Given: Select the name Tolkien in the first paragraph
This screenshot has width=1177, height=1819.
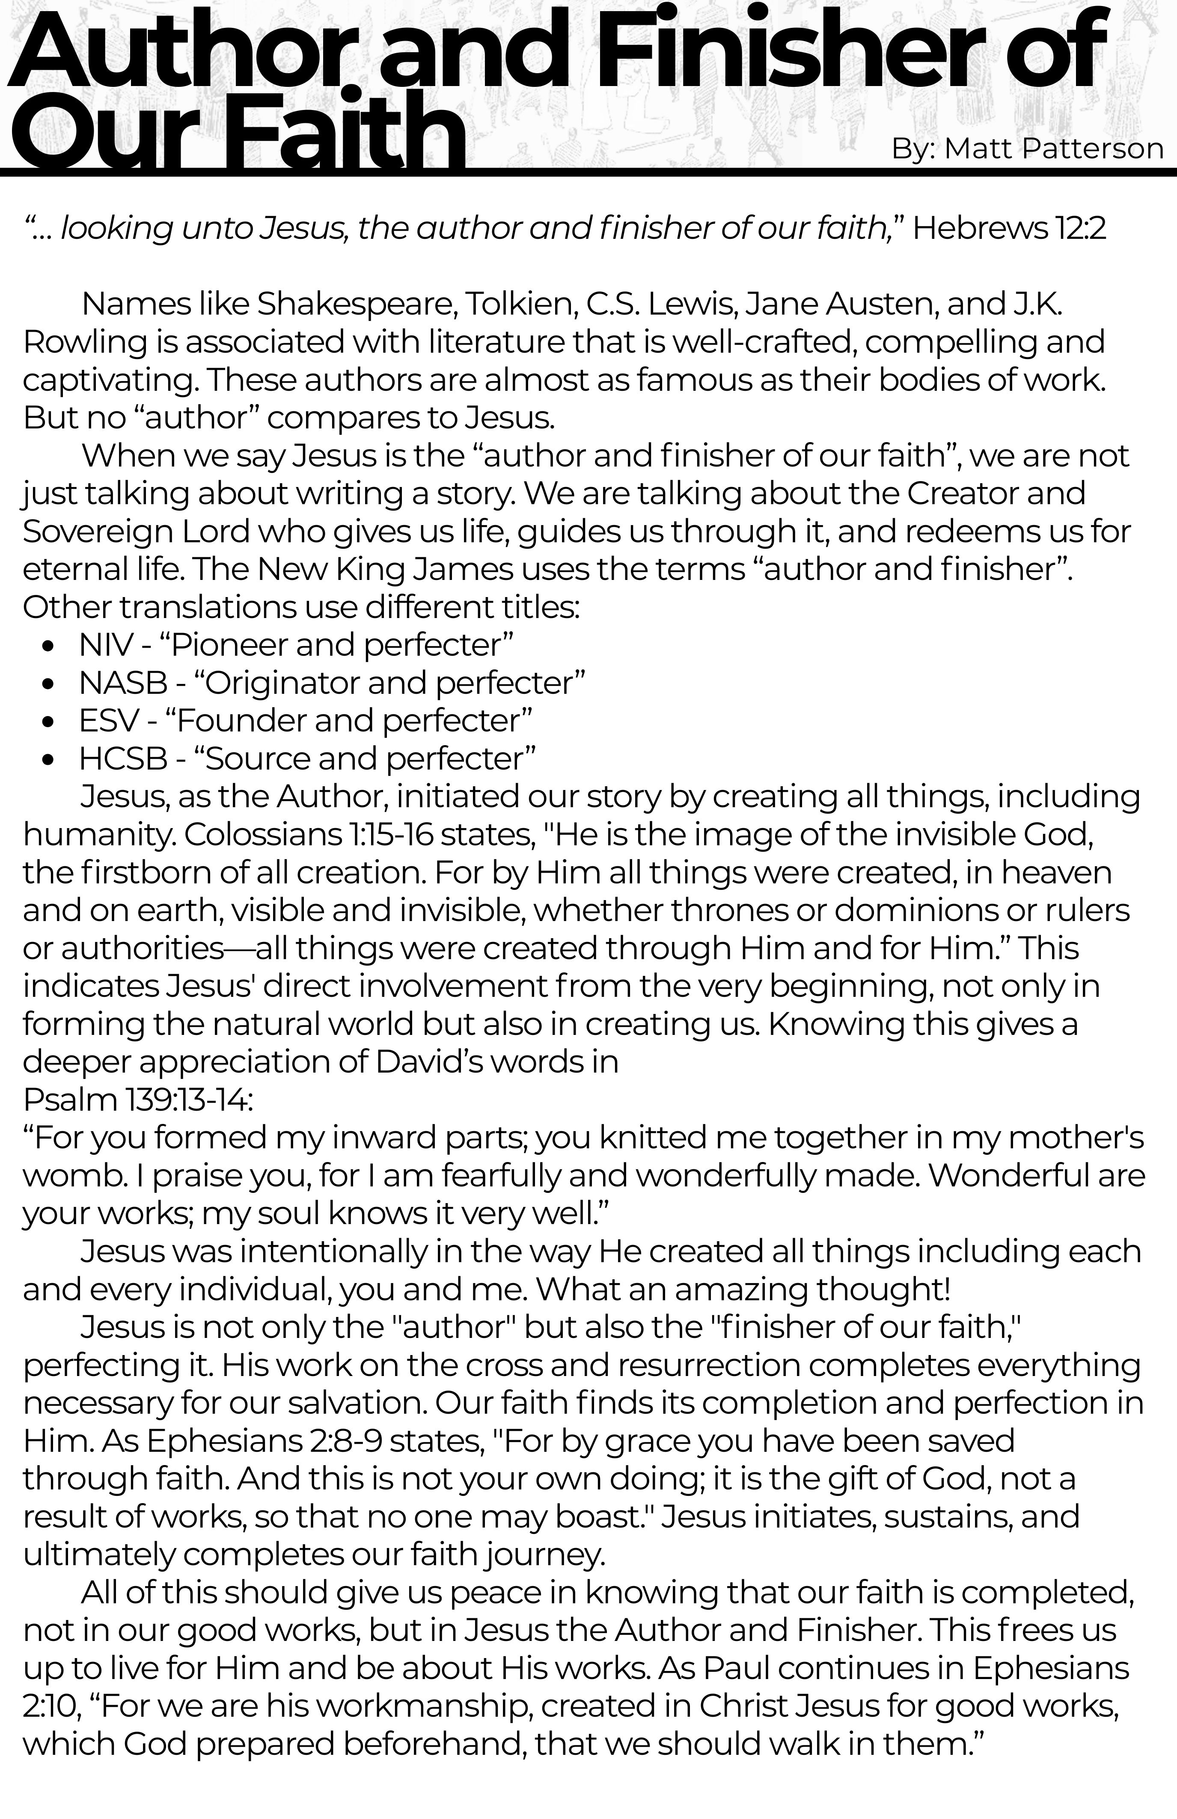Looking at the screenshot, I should click(x=520, y=304).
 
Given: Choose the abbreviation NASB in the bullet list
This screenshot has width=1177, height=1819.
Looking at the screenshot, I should click(x=122, y=683).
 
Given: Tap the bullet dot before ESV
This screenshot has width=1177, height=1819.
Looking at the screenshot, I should click(x=49, y=722).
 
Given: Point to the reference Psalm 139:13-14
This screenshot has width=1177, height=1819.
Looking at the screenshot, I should click(x=137, y=1100).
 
